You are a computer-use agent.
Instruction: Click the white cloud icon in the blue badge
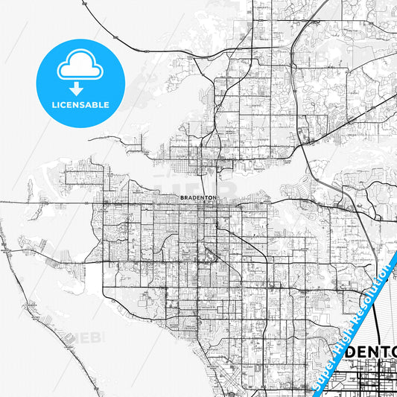click(x=80, y=68)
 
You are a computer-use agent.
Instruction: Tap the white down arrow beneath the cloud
click(x=80, y=85)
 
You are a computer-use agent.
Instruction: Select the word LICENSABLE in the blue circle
click(x=80, y=104)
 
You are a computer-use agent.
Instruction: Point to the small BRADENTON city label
click(x=197, y=197)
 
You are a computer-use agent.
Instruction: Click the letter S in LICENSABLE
click(x=83, y=104)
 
